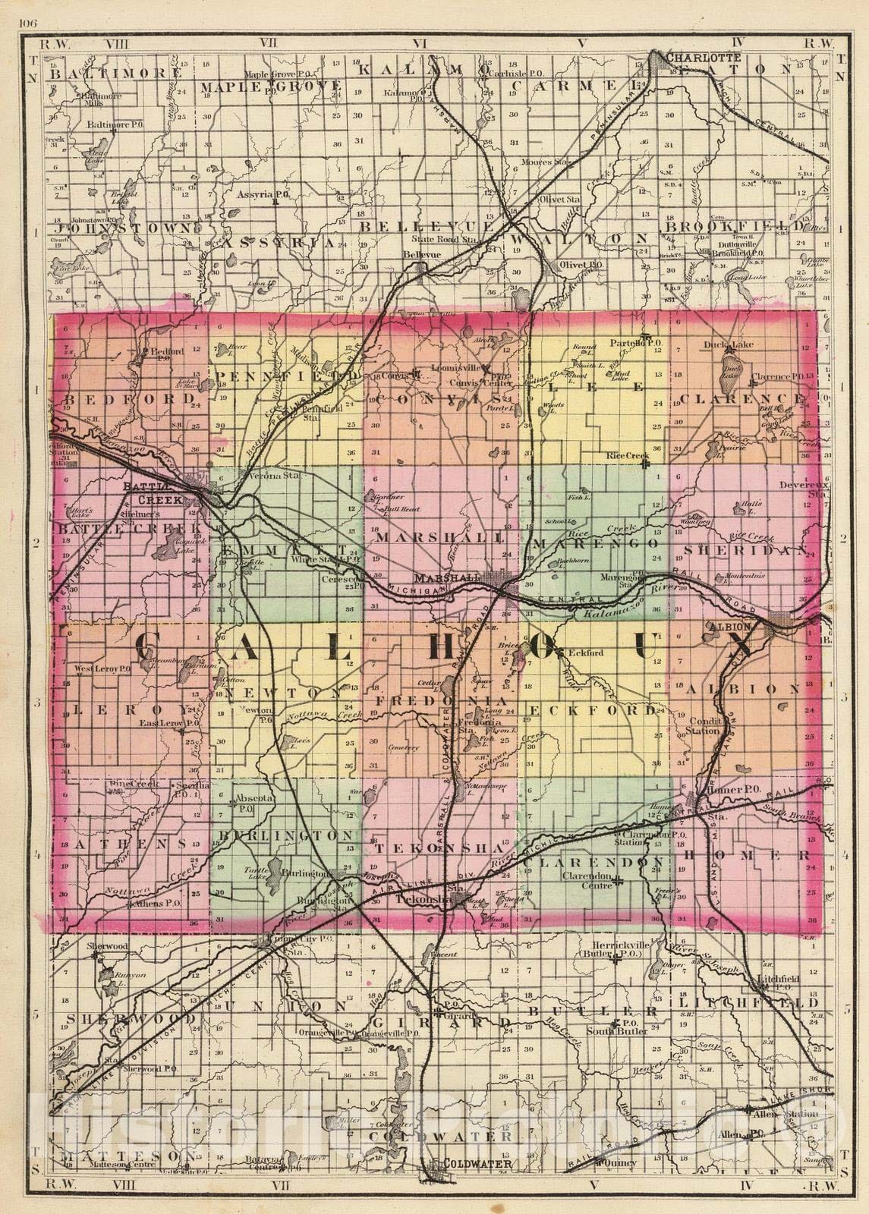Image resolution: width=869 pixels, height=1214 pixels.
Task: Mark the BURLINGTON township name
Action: (x=287, y=835)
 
